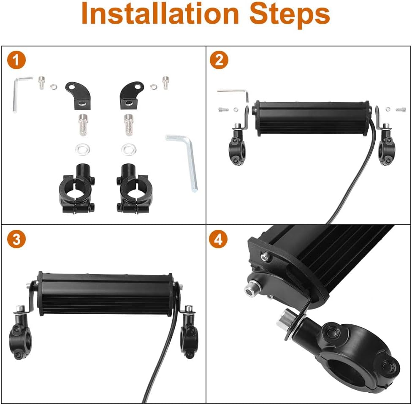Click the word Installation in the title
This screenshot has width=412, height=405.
(160, 14)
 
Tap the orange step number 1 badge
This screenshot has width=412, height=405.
(16, 60)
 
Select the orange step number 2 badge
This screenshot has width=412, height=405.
(219, 60)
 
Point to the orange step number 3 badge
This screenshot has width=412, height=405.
(16, 239)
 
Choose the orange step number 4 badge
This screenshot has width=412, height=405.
(218, 239)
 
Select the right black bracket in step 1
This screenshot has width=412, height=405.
(131, 95)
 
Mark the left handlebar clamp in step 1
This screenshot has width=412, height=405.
(77, 188)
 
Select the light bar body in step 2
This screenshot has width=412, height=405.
(312, 118)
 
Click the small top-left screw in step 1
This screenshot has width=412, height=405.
(41, 82)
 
